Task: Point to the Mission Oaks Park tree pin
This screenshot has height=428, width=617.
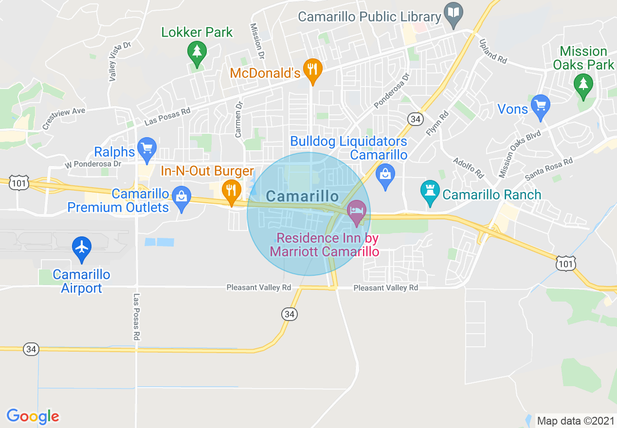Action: point(582,84)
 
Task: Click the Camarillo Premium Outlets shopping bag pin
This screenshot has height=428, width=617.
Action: point(181,198)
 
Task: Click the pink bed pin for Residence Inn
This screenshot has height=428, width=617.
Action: point(357,212)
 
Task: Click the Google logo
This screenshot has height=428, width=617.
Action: point(33,416)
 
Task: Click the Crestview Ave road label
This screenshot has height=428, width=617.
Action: point(63,118)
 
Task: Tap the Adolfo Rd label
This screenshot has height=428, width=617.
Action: point(468,167)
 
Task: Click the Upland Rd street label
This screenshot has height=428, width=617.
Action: point(493,51)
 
